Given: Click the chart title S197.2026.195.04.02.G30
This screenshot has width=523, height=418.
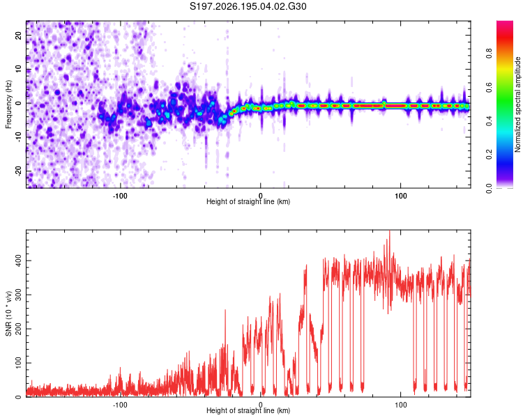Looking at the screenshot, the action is pos(248,6).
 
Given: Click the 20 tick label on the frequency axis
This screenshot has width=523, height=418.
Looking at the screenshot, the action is pos(18,35).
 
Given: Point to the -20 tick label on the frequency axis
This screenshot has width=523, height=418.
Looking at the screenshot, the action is pos(18,171).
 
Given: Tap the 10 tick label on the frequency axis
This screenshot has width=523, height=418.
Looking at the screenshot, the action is pos(18,69).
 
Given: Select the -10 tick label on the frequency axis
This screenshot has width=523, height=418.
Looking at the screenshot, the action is pos(18,137).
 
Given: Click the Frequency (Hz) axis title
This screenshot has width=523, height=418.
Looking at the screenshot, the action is pos(8,104).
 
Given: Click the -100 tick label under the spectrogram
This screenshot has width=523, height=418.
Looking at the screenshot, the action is pos(120,196).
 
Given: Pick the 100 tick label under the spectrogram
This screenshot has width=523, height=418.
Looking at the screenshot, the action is pos(400,196).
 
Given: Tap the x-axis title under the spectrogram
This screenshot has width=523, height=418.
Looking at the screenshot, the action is pos(248,201).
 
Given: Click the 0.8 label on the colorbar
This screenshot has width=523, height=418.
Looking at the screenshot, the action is pos(489,54).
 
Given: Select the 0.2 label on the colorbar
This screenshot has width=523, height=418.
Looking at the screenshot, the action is pos(489,155).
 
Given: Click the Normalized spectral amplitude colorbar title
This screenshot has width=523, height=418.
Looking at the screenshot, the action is pos(517,104).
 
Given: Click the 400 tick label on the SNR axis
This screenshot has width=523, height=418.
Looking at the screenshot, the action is pos(18,261).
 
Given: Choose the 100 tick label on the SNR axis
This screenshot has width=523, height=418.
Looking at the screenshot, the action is pos(18,363).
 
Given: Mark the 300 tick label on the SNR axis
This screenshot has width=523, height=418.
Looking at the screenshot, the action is pos(18,295).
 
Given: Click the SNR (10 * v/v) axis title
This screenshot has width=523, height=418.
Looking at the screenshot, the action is pos(8,313).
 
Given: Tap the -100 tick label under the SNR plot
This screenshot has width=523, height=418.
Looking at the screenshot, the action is pos(120,405).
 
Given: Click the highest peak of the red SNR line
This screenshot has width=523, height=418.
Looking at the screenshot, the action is pos(390,231).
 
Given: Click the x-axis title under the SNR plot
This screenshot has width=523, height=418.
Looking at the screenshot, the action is pos(248,410).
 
